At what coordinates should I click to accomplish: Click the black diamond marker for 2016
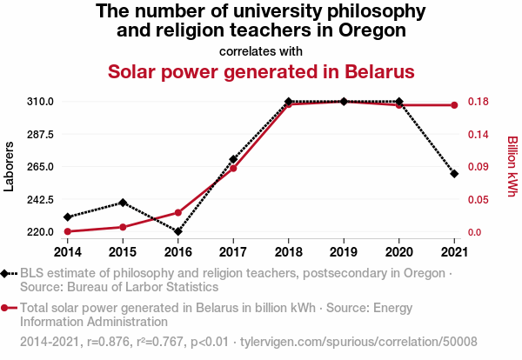pos(177,232)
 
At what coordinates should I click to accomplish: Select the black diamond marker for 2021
pos(454,174)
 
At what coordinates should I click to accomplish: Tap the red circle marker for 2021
pos(454,105)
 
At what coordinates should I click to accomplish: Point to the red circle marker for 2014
pos(67,231)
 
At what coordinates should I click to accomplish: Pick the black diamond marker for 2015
pos(123,203)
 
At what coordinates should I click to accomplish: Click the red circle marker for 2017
pos(233,168)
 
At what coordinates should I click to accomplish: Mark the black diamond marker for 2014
pos(67,217)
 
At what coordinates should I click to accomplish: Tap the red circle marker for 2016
pos(177,212)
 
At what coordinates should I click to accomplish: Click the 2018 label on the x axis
pos(288,252)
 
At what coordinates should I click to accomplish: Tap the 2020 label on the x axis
pos(398,252)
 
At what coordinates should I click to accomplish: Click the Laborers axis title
pos(10,167)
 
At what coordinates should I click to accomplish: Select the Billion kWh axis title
pos(512,167)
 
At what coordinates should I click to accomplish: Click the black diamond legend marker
pos(7,274)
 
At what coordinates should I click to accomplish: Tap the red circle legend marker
pos(7,308)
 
